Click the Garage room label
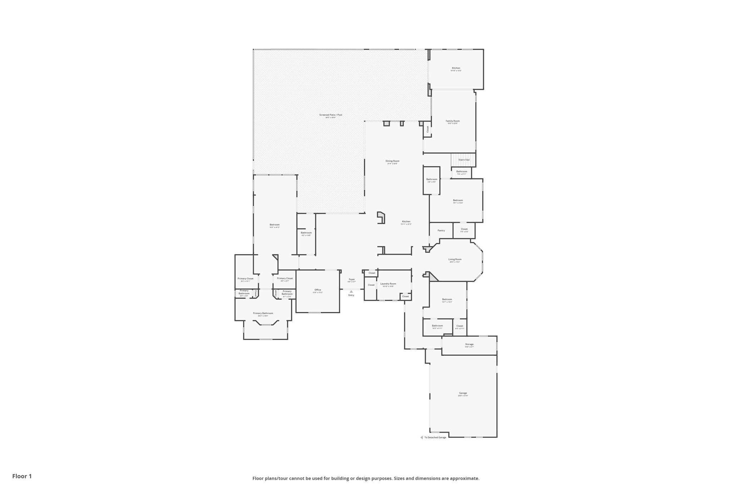[463, 393]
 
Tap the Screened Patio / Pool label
[330, 115]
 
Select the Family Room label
[452, 121]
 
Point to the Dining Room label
[392, 161]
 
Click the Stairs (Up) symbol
[464, 160]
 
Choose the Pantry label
[441, 231]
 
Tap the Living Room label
[455, 259]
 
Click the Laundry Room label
[388, 284]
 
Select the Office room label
[317, 290]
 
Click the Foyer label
[352, 279]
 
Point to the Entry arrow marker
[351, 291]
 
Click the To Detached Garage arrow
[421, 437]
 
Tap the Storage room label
[469, 344]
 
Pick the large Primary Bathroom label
[263, 313]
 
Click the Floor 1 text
[22, 476]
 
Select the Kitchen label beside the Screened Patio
[456, 68]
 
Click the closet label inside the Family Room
[427, 129]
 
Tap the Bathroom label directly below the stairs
[461, 172]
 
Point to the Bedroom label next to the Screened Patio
[274, 225]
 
